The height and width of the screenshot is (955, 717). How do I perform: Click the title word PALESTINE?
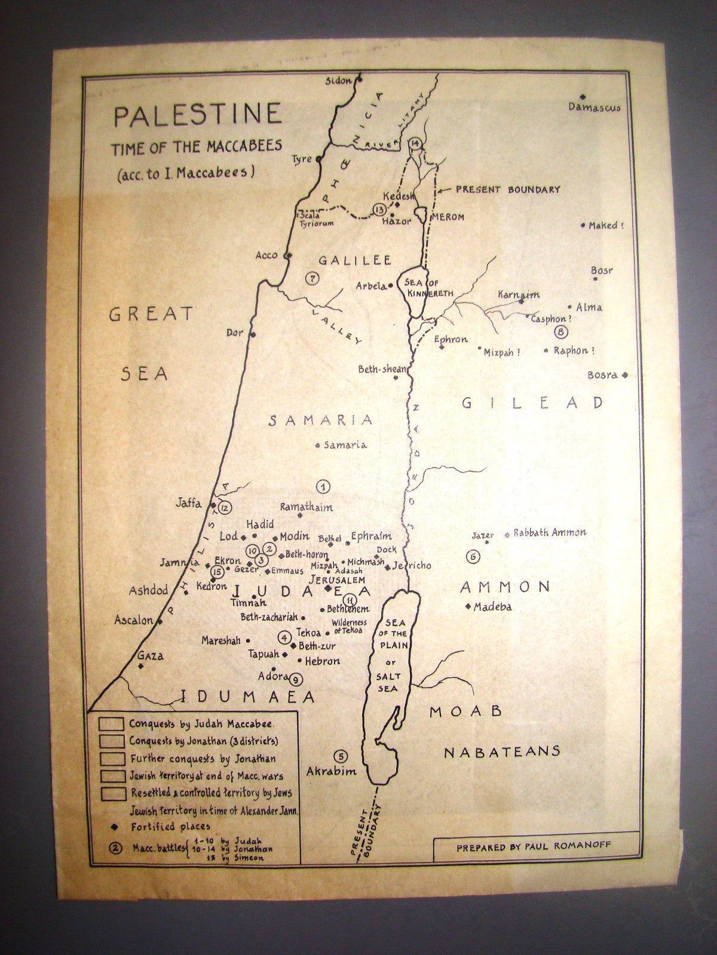coord(197,115)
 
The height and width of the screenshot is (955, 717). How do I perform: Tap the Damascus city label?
coord(594,108)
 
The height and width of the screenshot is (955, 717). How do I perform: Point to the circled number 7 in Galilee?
coord(311,278)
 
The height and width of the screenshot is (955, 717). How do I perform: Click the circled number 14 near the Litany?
coord(416,143)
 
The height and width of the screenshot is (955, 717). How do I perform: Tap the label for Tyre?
coord(302,159)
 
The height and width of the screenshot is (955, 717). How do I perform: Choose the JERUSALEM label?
coord(336,579)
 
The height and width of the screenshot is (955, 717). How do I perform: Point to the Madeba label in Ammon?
coord(492,608)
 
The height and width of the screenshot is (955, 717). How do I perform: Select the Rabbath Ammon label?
coord(550,532)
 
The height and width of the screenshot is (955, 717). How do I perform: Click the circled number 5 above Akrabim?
coord(341,756)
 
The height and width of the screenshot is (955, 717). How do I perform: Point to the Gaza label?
coord(151,656)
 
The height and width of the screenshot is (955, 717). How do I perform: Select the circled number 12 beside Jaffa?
coord(225,508)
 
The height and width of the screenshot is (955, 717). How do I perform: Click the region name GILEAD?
coord(533,403)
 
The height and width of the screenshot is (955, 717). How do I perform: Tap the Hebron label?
coord(322,661)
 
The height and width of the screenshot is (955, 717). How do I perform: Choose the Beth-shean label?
coord(381,369)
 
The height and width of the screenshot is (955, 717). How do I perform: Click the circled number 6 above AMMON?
coord(472,557)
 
